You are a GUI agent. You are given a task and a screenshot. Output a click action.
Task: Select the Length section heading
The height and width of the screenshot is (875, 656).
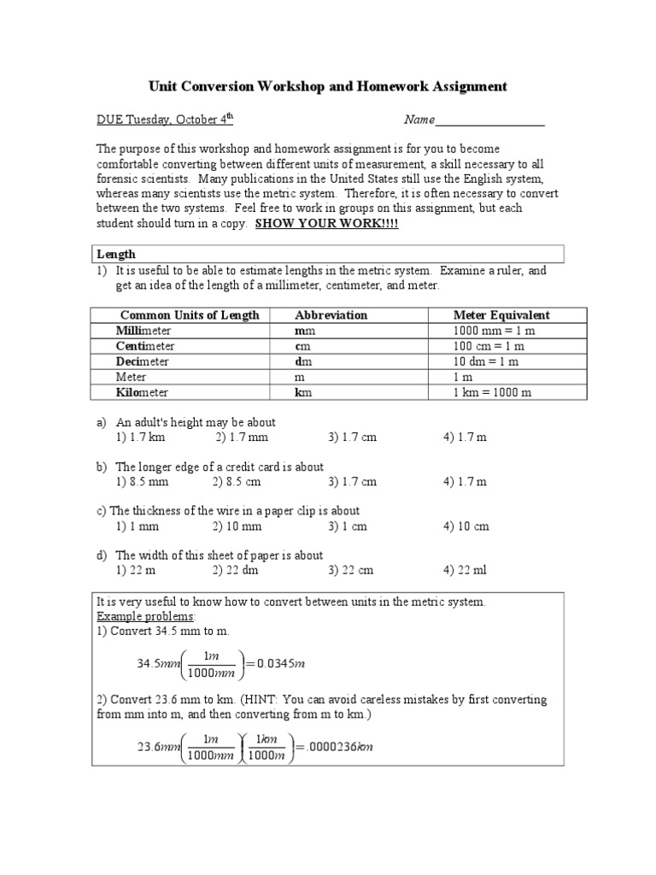pos(116,254)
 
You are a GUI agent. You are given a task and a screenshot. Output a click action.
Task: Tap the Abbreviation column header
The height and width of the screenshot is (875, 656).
pos(331,315)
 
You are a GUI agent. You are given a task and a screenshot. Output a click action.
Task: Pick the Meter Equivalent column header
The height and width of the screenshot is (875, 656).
pos(501,315)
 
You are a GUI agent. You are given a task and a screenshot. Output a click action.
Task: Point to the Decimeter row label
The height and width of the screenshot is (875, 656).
pos(143,361)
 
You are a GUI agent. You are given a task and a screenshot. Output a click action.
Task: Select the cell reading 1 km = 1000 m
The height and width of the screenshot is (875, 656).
pos(492,392)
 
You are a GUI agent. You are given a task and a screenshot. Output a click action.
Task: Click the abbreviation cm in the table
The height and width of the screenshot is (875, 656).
pos(302,346)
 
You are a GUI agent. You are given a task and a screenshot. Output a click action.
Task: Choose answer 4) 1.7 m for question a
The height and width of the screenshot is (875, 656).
pos(465,437)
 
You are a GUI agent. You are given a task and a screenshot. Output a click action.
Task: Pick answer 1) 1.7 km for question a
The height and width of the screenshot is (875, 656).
pos(140,437)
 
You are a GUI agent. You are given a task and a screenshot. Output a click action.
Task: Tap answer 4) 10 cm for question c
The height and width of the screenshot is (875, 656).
pos(466,526)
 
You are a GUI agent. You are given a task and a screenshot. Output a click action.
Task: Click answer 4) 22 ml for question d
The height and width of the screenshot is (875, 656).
pos(466,570)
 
